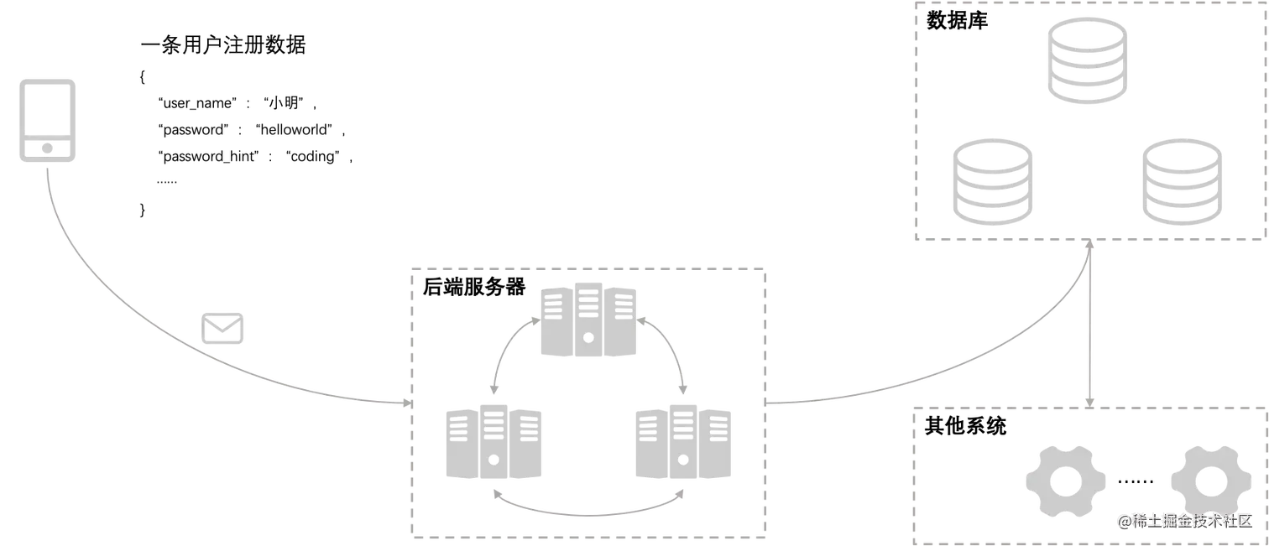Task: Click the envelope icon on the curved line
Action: tap(223, 328)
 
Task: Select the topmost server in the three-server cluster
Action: tap(587, 322)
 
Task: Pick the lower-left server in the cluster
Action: tap(493, 443)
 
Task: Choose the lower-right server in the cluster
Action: tap(684, 443)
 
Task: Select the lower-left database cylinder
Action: tap(994, 181)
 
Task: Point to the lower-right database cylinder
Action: tap(1181, 181)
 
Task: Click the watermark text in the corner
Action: tap(1183, 521)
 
